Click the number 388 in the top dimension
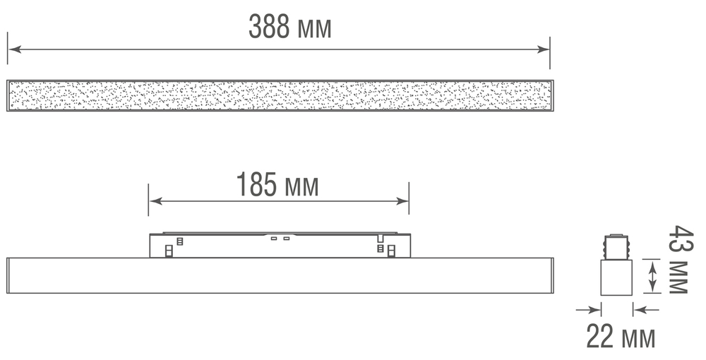[x=269, y=27]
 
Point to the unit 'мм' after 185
[x=300, y=188]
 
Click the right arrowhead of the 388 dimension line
[x=544, y=49]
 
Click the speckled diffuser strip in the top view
[x=279, y=95]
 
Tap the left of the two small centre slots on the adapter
[x=273, y=239]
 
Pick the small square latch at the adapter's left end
[x=168, y=250]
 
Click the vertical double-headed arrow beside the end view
[x=653, y=276]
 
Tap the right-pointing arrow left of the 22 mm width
[x=590, y=308]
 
